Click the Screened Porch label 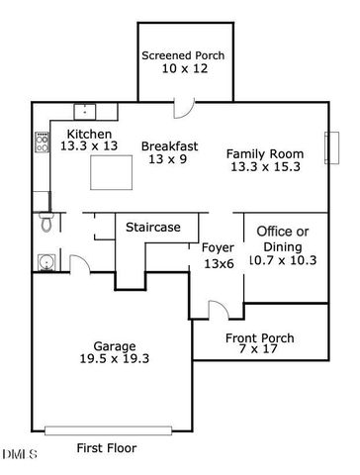coord(182,54)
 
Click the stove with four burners coord(42,142)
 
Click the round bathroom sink coord(45,261)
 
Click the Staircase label coord(152,228)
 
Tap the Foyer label coord(218,247)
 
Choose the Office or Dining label coord(282,237)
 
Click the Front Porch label coord(260,338)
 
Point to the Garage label coord(115,346)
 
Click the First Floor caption coord(107,448)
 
